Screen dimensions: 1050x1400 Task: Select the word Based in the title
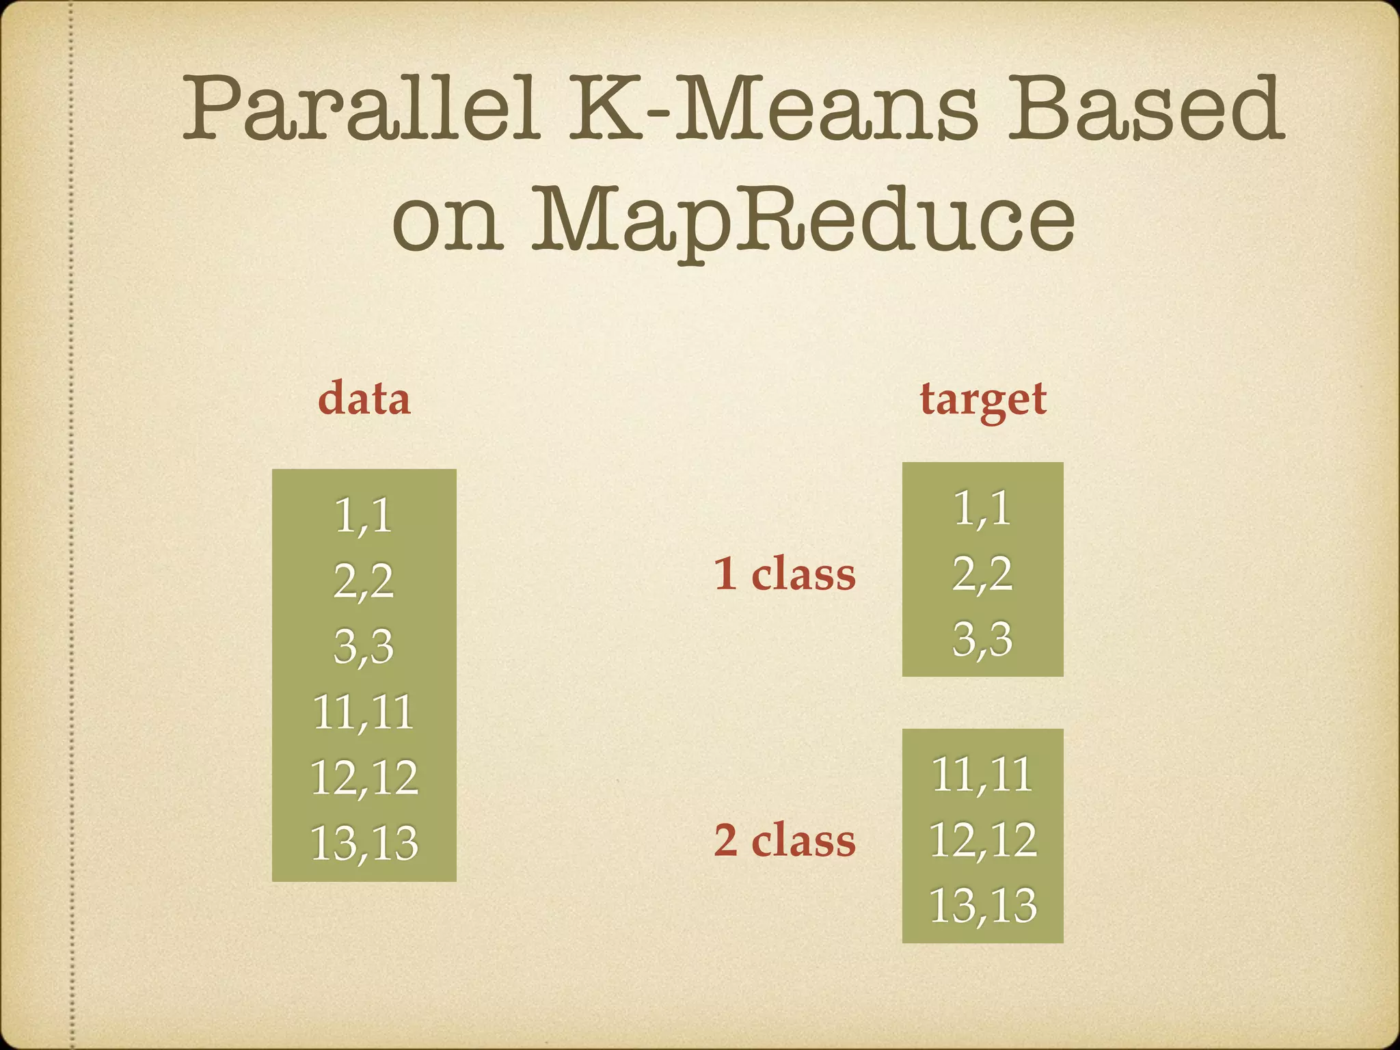[x=1145, y=109]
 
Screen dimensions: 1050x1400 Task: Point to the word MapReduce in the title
[x=803, y=219]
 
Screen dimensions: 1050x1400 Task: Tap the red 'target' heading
[x=983, y=400]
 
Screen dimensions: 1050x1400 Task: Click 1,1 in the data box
[x=364, y=515]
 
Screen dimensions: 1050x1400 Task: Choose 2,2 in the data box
[x=364, y=581]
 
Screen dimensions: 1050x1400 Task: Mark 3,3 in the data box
[x=364, y=646]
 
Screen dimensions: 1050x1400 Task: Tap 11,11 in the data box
[x=364, y=712]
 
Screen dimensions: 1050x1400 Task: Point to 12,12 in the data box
[x=364, y=777]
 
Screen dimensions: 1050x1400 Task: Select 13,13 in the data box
[x=364, y=843]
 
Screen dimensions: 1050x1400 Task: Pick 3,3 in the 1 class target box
[x=982, y=639]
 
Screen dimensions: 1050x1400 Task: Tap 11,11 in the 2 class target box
[x=982, y=774]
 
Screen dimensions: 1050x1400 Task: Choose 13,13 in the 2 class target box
[x=982, y=905]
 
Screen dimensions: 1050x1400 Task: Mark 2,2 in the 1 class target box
[x=982, y=574]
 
